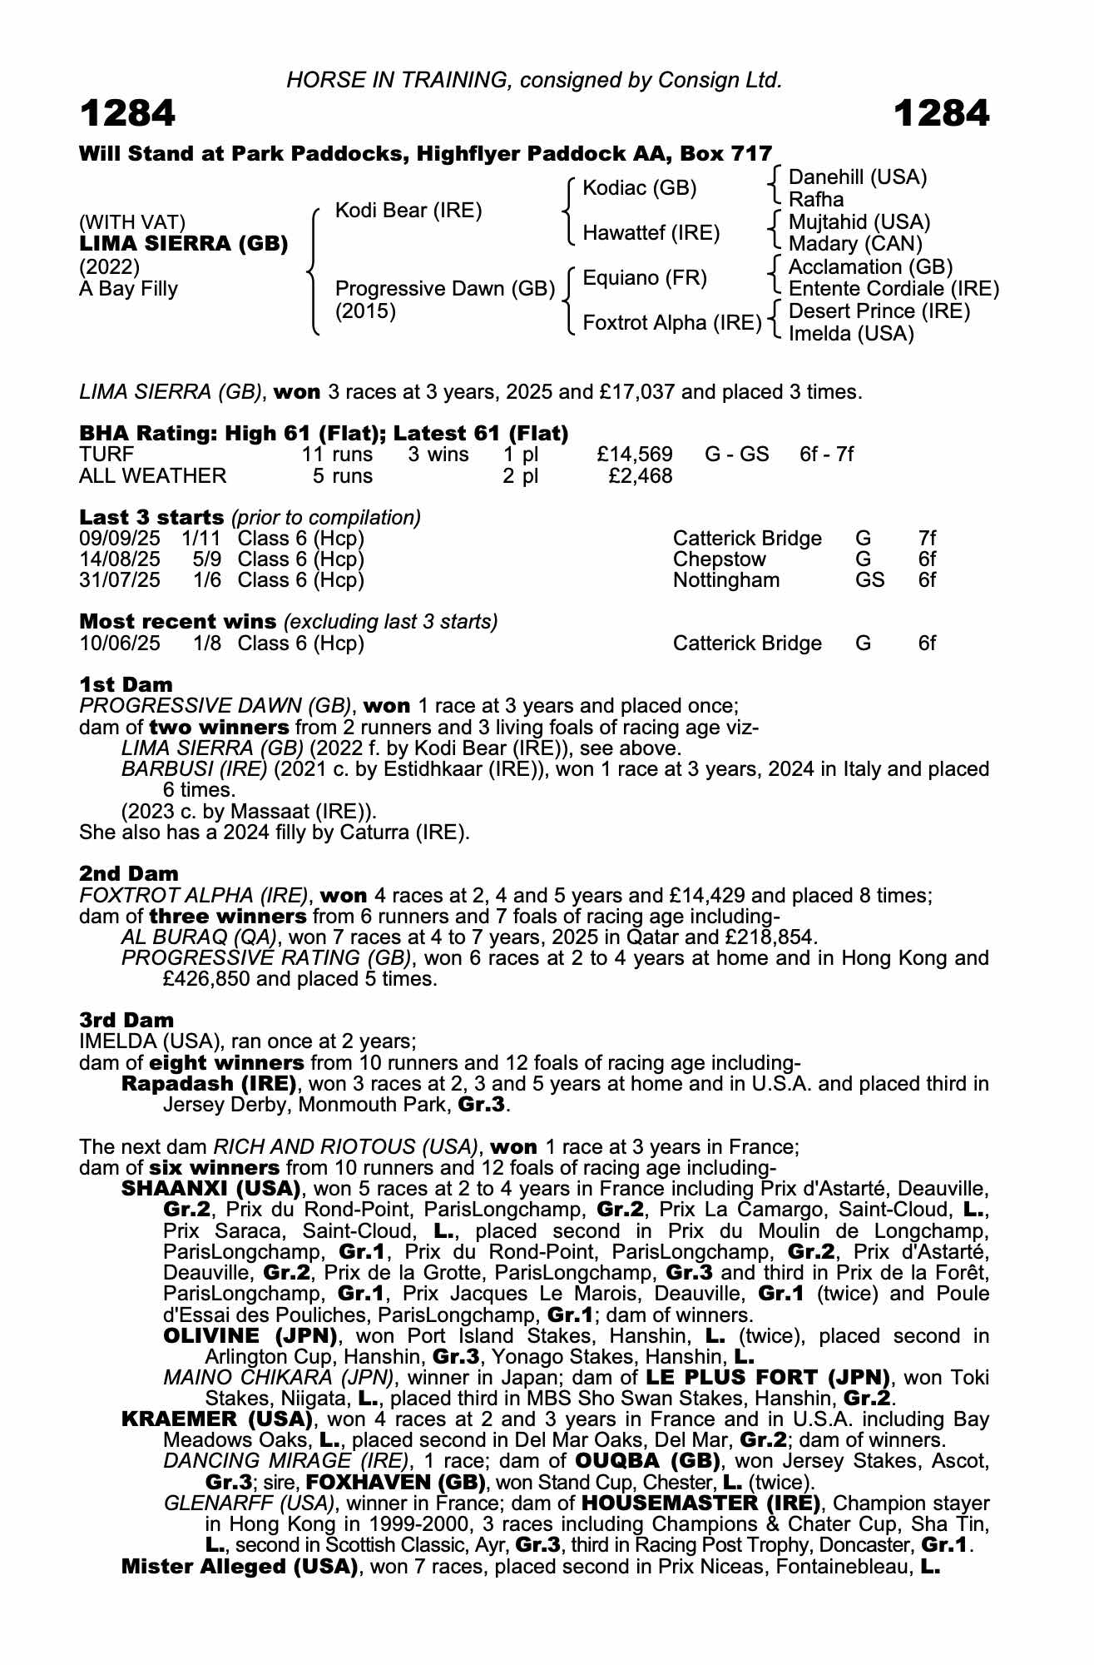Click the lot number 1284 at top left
[x=128, y=113]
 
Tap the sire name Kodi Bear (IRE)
[x=408, y=211]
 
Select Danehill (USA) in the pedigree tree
[x=857, y=177]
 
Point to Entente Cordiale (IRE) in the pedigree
[x=894, y=289]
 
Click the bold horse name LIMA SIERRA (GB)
[x=184, y=244]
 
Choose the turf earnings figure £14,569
[x=635, y=455]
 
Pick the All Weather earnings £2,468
[x=640, y=476]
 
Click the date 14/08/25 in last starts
[x=120, y=559]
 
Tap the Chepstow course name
[x=719, y=559]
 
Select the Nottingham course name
[x=726, y=580]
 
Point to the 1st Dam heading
[x=126, y=684]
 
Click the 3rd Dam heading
[x=126, y=1020]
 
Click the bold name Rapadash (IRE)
[x=209, y=1084]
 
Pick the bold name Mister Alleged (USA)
[x=240, y=1567]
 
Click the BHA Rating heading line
[x=324, y=434]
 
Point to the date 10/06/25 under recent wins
[x=120, y=644]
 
